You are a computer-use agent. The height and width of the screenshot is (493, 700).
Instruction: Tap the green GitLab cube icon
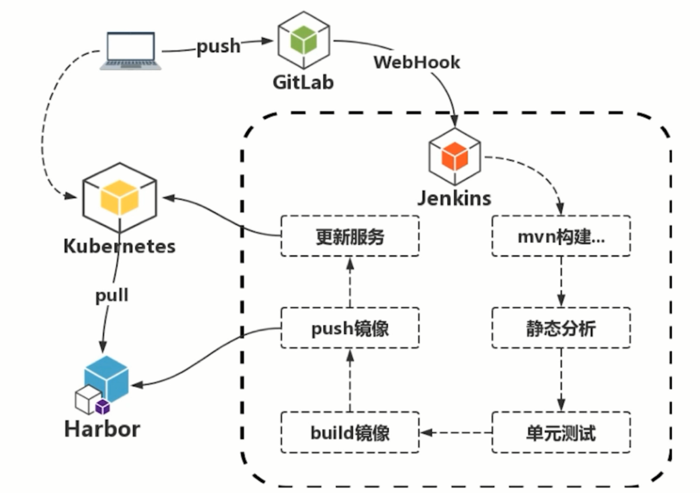coord(303,40)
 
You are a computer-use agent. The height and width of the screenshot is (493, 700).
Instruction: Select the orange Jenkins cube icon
coord(454,156)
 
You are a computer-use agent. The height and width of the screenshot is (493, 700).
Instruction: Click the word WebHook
coord(417,62)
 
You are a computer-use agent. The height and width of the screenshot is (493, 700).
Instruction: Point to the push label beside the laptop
coord(218,47)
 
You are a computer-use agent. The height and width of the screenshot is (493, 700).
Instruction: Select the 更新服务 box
coord(350,236)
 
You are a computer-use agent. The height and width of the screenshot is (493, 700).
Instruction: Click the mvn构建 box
coord(561,236)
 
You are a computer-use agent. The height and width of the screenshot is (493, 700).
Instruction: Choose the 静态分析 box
coord(561,328)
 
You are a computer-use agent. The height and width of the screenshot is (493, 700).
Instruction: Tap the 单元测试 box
coord(561,433)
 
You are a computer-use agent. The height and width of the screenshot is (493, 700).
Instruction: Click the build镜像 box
coord(350,433)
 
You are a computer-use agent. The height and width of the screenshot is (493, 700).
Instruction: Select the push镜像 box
coord(350,328)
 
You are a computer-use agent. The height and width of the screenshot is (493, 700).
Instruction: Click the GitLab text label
coord(303,82)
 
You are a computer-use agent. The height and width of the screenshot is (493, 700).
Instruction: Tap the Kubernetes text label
coord(119,247)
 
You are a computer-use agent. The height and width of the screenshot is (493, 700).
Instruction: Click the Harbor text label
coord(102,429)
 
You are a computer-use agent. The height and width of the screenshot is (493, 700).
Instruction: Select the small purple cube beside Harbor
coord(102,406)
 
